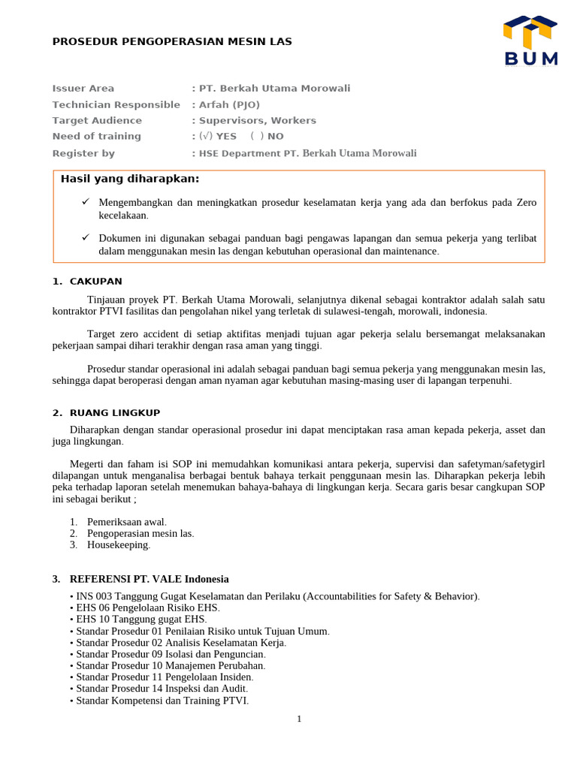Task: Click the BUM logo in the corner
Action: tap(530, 41)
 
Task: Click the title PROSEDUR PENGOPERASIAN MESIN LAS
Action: tap(172, 41)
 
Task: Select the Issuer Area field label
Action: tap(83, 89)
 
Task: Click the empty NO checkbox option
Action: tap(267, 136)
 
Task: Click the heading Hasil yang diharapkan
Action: tap(130, 179)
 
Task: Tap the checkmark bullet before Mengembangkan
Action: tap(86, 203)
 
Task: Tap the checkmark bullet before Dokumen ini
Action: tap(86, 237)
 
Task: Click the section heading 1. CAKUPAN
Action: tap(87, 282)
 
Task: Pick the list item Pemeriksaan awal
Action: tap(127, 522)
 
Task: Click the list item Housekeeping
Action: tap(119, 544)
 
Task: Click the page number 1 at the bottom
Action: tap(299, 719)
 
